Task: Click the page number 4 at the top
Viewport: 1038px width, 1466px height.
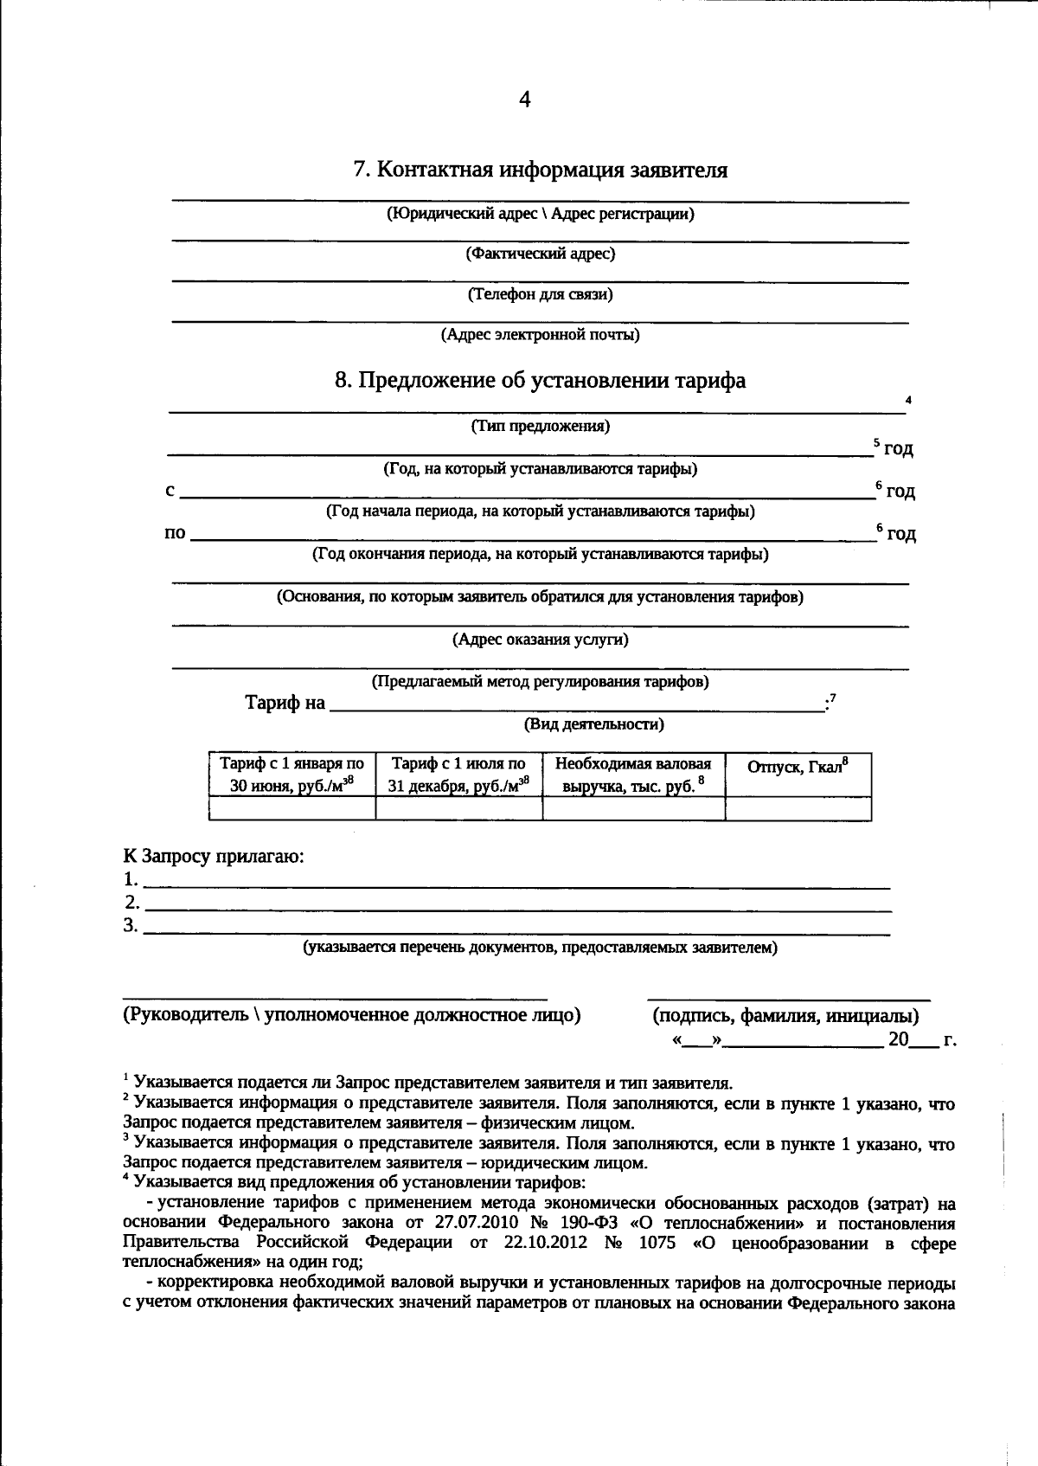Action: click(x=524, y=100)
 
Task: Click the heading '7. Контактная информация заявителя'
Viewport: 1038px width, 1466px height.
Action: click(x=540, y=170)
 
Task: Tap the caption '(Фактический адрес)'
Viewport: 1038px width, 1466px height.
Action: click(x=541, y=254)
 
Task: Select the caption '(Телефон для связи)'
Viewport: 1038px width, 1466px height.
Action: click(x=541, y=294)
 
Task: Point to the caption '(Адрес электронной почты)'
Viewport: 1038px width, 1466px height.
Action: click(x=541, y=335)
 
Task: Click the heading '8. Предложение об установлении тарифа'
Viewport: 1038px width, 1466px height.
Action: click(x=540, y=381)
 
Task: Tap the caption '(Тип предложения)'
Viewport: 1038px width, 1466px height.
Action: click(x=541, y=426)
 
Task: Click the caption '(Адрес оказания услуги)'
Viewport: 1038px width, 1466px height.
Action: click(x=541, y=640)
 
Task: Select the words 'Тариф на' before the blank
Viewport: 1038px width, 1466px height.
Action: click(x=285, y=703)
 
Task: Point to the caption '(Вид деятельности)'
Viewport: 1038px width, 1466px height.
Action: click(x=593, y=724)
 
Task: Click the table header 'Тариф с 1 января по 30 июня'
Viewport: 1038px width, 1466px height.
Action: click(x=292, y=775)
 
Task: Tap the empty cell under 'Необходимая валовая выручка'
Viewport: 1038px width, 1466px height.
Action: click(x=633, y=808)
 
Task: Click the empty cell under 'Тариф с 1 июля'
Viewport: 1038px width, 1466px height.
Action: click(x=458, y=808)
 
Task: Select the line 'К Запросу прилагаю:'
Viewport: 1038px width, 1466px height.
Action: click(x=213, y=857)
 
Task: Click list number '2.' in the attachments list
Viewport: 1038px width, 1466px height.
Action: click(x=131, y=903)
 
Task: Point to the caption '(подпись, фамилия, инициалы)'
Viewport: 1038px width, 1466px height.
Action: click(x=785, y=1016)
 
